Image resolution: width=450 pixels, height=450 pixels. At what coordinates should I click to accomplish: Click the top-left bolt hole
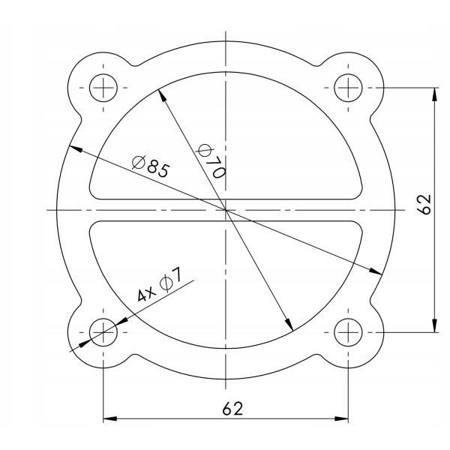[103, 88]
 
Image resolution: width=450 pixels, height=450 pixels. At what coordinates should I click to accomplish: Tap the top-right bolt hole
[348, 88]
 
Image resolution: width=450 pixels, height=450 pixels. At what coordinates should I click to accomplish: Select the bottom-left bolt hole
[103, 331]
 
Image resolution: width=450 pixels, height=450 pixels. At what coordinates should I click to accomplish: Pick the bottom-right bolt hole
[348, 331]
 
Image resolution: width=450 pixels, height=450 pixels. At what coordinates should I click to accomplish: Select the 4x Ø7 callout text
[158, 286]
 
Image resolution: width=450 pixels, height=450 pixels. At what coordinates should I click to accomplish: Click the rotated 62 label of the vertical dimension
[424, 204]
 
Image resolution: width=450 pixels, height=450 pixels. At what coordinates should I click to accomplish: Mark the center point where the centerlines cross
[226, 210]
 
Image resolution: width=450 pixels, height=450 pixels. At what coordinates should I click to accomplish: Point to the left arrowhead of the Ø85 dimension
[73, 148]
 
